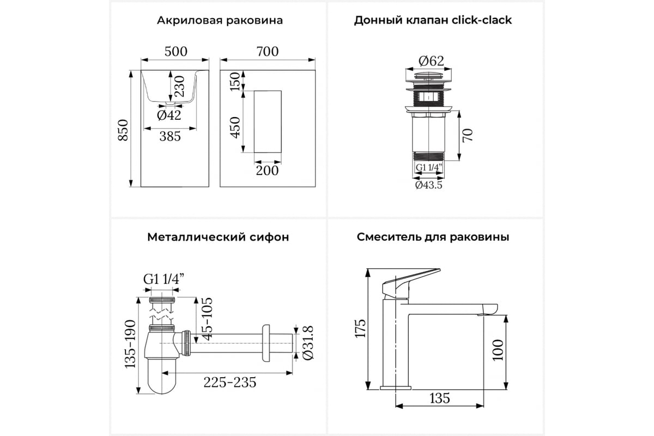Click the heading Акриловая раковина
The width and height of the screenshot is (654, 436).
tap(220, 21)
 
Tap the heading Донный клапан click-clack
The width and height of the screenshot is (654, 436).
tap(433, 21)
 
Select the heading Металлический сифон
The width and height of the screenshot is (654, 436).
tap(218, 237)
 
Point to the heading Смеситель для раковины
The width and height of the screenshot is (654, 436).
tap(433, 237)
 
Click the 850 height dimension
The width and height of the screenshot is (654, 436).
tap(123, 130)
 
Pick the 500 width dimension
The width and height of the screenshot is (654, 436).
tap(175, 52)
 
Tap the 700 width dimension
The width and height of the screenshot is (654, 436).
tap(268, 52)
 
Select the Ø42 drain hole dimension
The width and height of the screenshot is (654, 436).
tap(169, 115)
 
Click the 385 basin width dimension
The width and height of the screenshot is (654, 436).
tap(170, 136)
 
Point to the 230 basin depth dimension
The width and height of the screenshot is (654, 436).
tap(180, 86)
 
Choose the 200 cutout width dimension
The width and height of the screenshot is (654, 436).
tap(268, 171)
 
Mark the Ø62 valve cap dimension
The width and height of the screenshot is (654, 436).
tap(431, 61)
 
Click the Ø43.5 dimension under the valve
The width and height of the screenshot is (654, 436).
tap(429, 185)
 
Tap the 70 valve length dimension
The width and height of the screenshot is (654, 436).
tap(468, 135)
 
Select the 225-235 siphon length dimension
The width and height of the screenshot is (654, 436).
tap(230, 382)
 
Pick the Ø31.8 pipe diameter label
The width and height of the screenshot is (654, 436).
tap(308, 343)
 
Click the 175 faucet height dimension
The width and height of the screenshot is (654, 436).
tap(360, 329)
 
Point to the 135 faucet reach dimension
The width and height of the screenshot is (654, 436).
tap(440, 398)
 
